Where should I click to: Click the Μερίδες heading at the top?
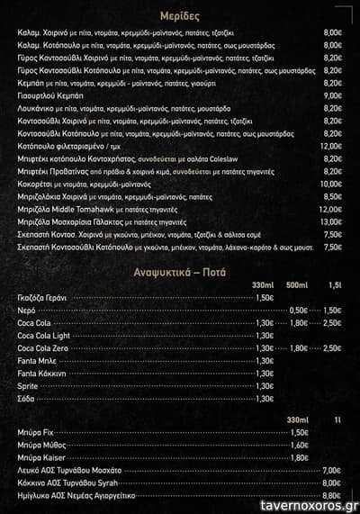(x=180, y=16)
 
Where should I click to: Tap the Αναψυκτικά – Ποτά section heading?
(x=180, y=270)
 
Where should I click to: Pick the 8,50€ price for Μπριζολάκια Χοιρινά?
(x=332, y=196)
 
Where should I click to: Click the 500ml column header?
(x=298, y=285)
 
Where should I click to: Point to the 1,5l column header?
(x=334, y=285)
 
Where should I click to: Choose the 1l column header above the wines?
(x=337, y=419)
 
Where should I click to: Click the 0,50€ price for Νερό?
(x=299, y=310)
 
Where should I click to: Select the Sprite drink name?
(x=28, y=385)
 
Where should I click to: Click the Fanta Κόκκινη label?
(x=41, y=373)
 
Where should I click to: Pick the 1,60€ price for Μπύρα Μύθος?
(x=300, y=445)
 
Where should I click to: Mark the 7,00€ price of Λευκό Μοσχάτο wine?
(x=331, y=470)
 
